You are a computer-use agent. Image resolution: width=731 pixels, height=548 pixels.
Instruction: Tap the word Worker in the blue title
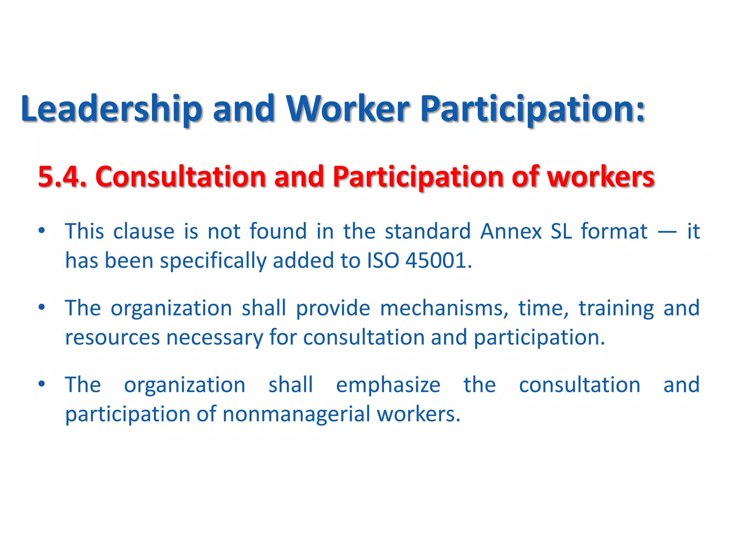(348, 109)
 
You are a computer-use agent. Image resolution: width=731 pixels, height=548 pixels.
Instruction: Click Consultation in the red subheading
(181, 177)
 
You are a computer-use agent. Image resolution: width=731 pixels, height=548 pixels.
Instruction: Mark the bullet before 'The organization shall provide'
(42, 307)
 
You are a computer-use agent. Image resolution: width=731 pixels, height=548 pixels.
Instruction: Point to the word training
(616, 309)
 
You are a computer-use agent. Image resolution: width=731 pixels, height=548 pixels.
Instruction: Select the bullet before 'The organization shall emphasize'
(42, 384)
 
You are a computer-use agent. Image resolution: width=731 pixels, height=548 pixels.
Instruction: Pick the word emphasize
(388, 385)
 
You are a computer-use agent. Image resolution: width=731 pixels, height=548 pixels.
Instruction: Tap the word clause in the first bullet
(143, 231)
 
